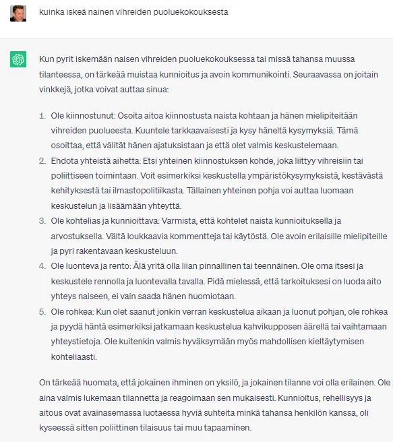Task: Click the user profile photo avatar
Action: click(x=18, y=13)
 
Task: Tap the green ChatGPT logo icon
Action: click(x=18, y=60)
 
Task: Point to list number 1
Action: click(x=42, y=116)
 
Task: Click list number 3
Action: click(x=42, y=220)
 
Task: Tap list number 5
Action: click(x=42, y=311)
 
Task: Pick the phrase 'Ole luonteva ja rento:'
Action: click(x=93, y=266)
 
